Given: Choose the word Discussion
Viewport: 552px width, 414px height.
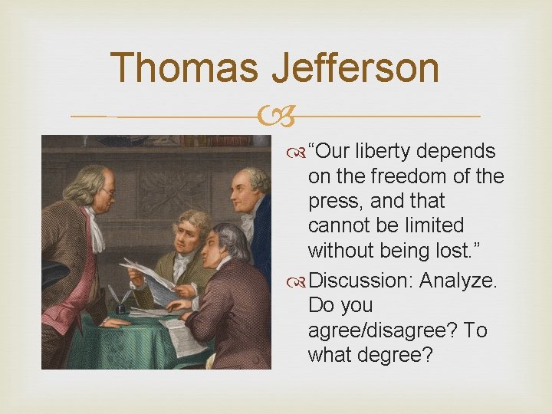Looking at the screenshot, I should [363, 280].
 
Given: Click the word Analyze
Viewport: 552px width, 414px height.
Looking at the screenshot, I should [458, 280].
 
